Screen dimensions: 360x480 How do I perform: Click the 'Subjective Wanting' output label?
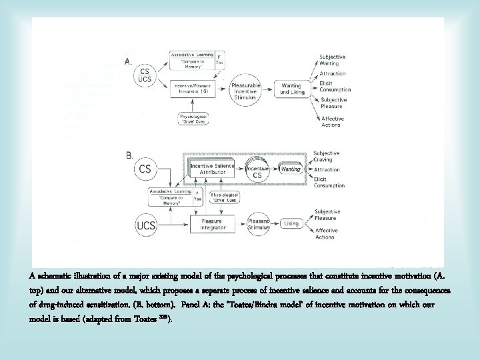(332, 60)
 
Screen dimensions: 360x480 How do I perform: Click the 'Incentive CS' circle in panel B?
(257, 170)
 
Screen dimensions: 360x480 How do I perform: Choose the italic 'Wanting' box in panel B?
(290, 170)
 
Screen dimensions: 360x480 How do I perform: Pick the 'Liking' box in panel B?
(291, 224)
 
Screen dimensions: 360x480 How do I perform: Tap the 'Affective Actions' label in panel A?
(331, 121)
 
